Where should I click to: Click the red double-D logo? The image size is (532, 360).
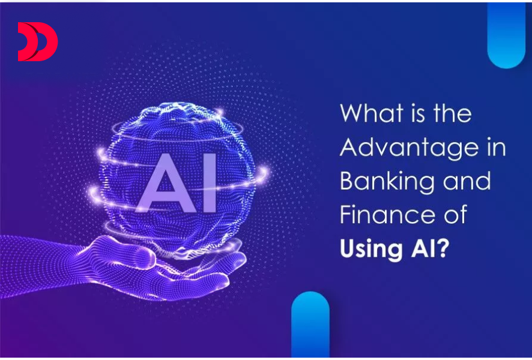(37, 42)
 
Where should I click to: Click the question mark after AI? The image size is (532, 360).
(442, 248)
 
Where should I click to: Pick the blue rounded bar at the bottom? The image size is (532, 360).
(310, 326)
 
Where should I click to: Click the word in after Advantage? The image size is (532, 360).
(498, 148)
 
